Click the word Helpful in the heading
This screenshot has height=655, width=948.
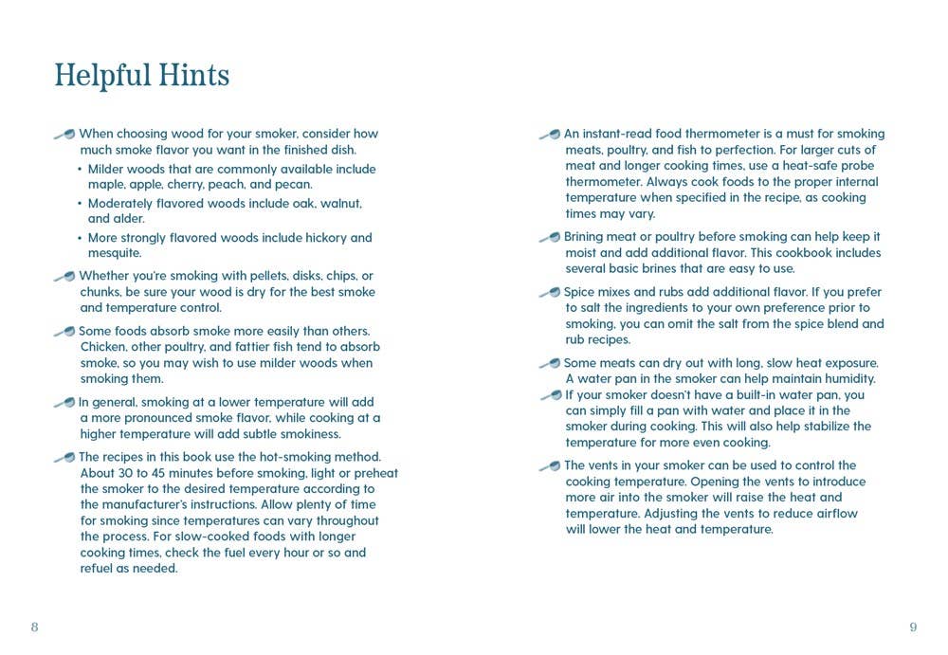pyautogui.click(x=101, y=75)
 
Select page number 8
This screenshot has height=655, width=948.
pyautogui.click(x=34, y=628)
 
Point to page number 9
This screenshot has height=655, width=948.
pyautogui.click(x=913, y=628)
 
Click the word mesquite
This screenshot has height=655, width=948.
pyautogui.click(x=114, y=253)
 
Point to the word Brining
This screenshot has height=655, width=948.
pyautogui.click(x=588, y=237)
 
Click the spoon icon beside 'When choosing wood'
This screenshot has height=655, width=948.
pyautogui.click(x=64, y=135)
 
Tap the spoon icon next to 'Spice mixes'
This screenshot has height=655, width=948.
pyautogui.click(x=550, y=293)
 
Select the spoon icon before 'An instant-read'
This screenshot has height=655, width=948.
pyautogui.click(x=550, y=135)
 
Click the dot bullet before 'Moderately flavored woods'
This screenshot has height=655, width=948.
pyautogui.click(x=80, y=204)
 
